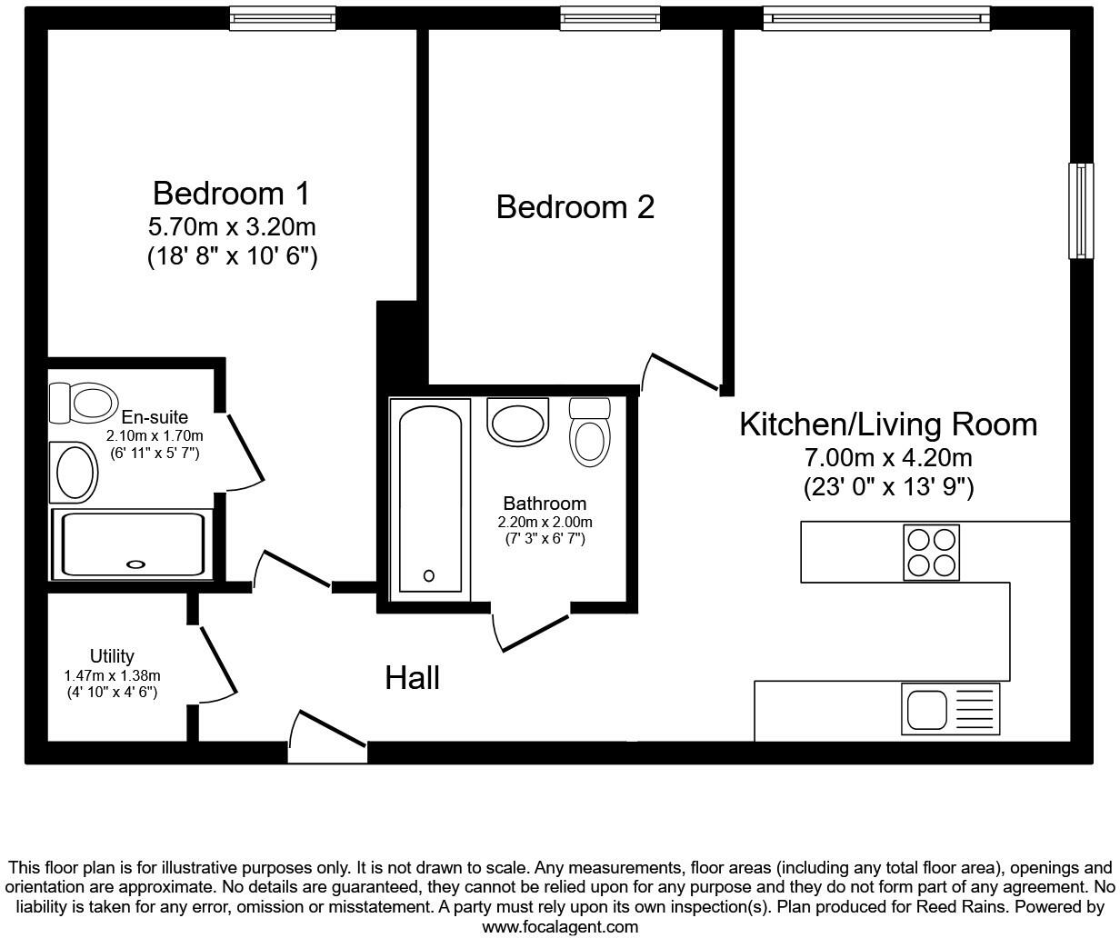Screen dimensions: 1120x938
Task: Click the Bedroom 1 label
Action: (x=232, y=194)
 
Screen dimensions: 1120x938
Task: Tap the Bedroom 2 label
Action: (x=575, y=207)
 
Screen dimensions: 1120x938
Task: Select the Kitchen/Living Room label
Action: (x=888, y=424)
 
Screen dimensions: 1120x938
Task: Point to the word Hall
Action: (x=412, y=677)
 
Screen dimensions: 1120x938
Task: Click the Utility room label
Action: (x=112, y=656)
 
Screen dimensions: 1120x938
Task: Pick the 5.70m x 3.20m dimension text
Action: (x=232, y=227)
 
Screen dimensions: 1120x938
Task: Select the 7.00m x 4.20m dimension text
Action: (x=888, y=458)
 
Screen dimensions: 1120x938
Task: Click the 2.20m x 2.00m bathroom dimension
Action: (x=545, y=522)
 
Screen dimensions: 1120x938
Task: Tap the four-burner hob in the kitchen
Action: (x=931, y=553)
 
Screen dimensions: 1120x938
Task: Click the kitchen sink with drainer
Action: (x=951, y=708)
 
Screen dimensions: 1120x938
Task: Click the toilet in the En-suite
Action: (x=83, y=403)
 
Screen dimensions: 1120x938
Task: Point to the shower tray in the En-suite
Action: (x=133, y=544)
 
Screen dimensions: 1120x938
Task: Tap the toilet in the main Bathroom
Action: (x=589, y=432)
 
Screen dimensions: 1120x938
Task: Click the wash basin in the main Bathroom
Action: (x=517, y=422)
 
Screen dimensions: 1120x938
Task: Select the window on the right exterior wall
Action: (x=1081, y=211)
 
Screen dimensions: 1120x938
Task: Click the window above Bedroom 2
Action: (x=610, y=19)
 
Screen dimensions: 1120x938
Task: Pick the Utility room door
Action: (x=218, y=664)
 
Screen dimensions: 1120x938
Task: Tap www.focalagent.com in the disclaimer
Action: (x=560, y=926)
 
